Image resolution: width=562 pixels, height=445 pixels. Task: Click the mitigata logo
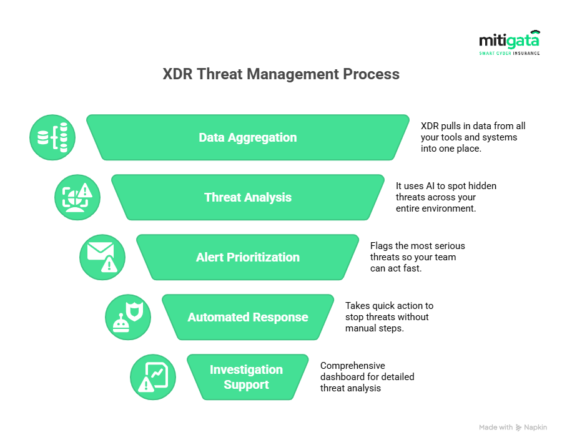pos(510,42)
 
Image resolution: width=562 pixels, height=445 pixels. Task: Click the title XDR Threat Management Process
pos(281,74)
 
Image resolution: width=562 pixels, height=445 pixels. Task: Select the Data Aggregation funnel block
pos(248,137)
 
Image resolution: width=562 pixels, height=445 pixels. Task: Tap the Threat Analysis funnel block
pos(248,197)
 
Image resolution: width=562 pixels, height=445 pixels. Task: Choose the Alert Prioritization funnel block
pos(248,257)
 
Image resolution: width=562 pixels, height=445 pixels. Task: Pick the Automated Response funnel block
pos(248,317)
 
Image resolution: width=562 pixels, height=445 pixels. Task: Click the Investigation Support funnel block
pos(248,377)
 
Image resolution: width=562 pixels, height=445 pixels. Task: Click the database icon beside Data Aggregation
pos(52,137)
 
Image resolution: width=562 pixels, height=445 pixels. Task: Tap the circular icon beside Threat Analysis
pos(77,197)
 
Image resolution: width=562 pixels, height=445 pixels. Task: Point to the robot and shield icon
pos(128,317)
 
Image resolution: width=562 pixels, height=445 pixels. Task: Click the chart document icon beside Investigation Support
pos(153,377)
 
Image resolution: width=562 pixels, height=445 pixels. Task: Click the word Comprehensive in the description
pos(353,366)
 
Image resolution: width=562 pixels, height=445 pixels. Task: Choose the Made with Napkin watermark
pos(513,427)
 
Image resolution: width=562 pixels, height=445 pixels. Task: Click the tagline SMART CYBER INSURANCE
pos(510,54)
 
